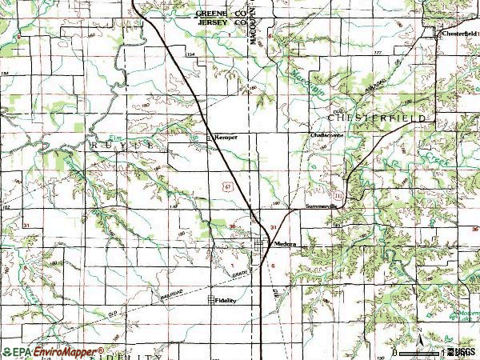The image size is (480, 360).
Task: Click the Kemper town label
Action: tap(225, 138)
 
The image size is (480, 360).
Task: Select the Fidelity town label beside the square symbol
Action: tap(227, 301)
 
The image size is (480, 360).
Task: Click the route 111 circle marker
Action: tap(338, 194)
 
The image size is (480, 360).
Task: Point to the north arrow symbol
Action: tap(417, 332)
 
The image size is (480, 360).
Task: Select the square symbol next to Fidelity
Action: tap(211, 301)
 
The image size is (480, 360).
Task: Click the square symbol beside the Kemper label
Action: tap(210, 138)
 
